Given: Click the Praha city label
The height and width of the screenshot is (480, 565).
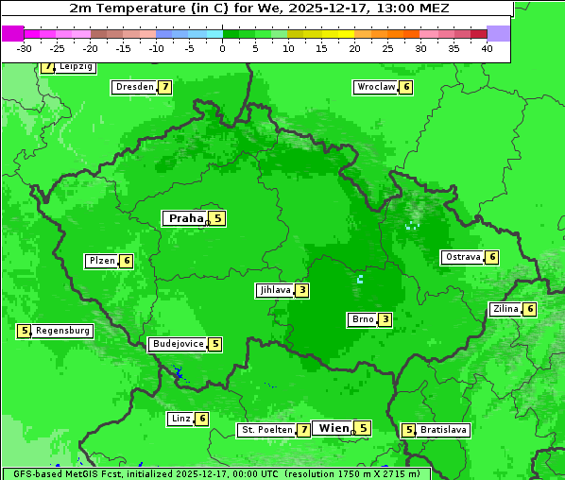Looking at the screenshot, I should coord(185,218).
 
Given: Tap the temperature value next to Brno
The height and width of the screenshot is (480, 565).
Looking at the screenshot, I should coord(385,319).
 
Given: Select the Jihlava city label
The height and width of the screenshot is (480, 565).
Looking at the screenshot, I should coord(275,290).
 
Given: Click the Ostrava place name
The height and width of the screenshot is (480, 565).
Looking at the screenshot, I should coord(462,257).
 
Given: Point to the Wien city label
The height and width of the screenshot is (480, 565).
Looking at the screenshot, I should coord(334,428).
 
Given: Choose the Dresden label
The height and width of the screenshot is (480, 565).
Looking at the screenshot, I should coord(134,87).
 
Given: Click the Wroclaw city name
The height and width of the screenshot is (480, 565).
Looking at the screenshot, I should coord(375,87).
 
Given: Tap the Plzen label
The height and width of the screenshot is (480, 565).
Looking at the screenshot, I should coord(101,261).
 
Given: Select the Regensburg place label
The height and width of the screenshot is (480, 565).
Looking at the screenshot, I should coord(62,331).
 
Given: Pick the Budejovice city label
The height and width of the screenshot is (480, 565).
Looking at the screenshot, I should coord(178,344).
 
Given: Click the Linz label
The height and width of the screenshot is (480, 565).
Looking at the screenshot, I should coord(180,419).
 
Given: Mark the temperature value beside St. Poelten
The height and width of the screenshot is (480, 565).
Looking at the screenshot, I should coord(303,430).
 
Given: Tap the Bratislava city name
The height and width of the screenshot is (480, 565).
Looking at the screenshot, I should coord(444,430).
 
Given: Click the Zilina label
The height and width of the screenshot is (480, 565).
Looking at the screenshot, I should coord(505,309).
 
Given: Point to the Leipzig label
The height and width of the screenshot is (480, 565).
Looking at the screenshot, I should coord(76,67).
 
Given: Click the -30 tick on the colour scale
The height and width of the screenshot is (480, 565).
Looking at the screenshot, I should coord(25,48).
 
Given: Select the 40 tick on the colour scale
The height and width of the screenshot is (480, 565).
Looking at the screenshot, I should coord(487,48).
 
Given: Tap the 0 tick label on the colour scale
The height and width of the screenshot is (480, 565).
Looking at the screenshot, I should coord(222,48).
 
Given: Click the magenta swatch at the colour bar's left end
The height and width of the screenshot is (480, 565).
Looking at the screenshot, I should coord(13,33).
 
